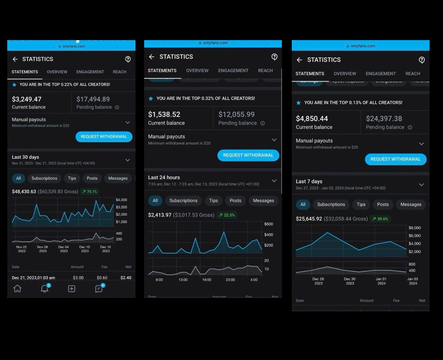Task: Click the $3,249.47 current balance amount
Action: click(x=26, y=99)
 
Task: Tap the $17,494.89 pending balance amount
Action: click(x=93, y=99)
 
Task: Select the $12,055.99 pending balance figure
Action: click(x=236, y=114)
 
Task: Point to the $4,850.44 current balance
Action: click(x=312, y=119)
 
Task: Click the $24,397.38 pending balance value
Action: click(x=384, y=119)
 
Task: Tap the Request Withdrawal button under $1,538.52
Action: click(x=248, y=155)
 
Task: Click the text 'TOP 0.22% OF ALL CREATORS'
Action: click(x=65, y=84)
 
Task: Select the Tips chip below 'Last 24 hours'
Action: click(x=213, y=200)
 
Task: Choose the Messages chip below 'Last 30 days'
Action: click(x=118, y=178)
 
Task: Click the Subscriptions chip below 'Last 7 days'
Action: click(x=331, y=204)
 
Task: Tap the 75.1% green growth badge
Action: click(x=90, y=192)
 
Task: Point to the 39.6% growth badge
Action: click(x=380, y=219)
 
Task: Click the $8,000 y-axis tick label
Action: click(x=414, y=228)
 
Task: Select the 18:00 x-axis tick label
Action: click(x=207, y=280)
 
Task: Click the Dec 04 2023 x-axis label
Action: click(x=64, y=249)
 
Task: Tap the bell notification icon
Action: click(x=45, y=289)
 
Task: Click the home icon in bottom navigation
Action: click(x=18, y=289)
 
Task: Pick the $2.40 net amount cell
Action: click(x=126, y=278)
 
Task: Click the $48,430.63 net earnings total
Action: click(x=24, y=192)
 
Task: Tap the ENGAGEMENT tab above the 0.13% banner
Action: click(x=381, y=74)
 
